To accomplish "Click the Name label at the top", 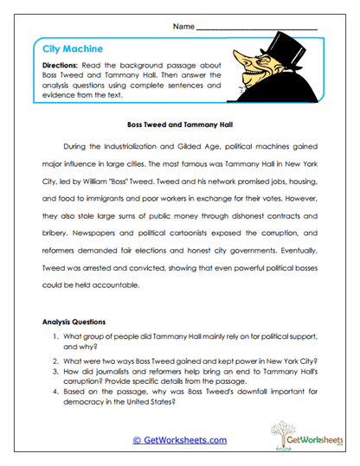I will pyautogui.click(x=183, y=27).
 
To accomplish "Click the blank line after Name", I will pyautogui.click(x=257, y=29).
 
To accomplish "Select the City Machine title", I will pyautogui.click(x=73, y=50).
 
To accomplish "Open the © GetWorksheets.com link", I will pyautogui.click(x=179, y=440).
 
